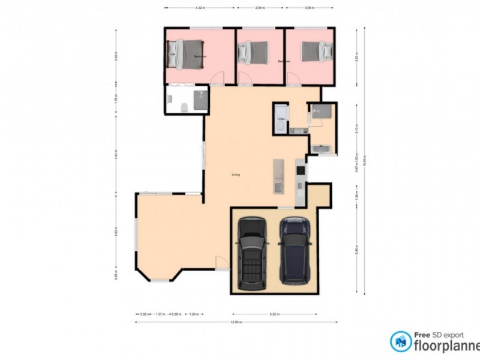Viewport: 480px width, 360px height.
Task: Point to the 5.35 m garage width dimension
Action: click(273, 313)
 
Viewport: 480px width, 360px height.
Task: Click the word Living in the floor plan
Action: click(236, 175)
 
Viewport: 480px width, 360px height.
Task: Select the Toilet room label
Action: click(280, 119)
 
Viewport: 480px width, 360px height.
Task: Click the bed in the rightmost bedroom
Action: click(313, 51)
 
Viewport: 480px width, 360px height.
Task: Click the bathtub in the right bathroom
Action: click(322, 147)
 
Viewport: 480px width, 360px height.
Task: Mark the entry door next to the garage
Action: click(221, 262)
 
